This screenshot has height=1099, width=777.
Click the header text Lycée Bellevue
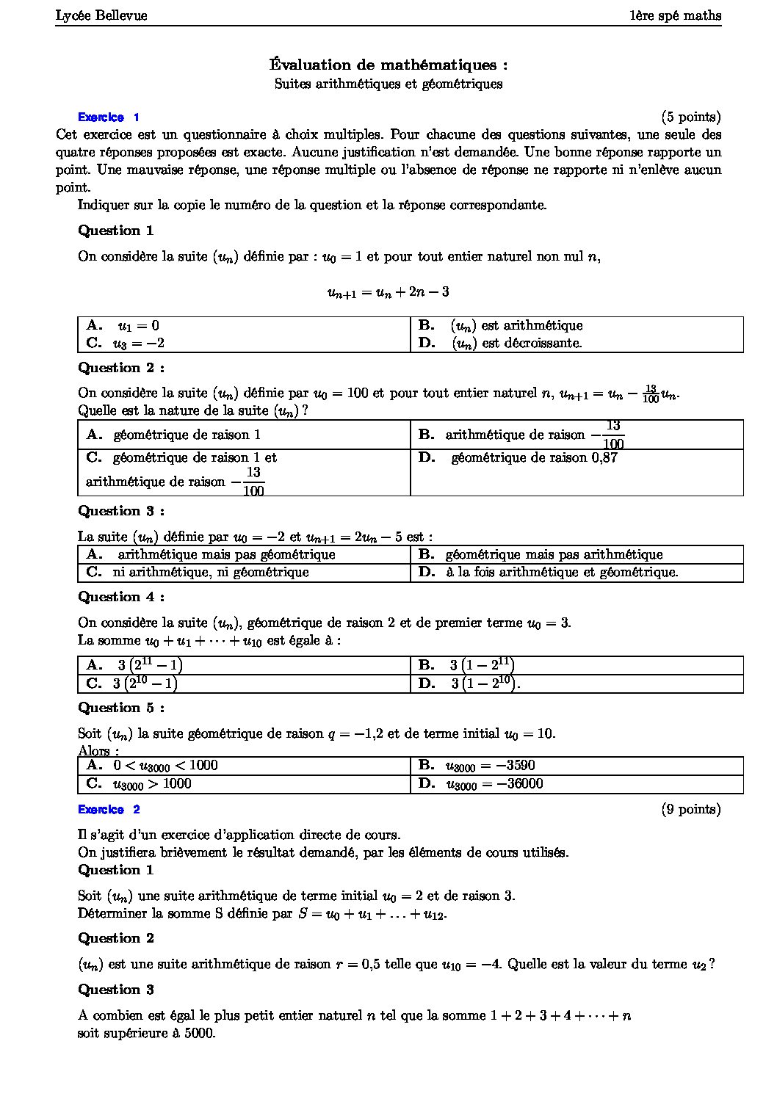click(x=101, y=15)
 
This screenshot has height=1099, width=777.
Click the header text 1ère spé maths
click(x=675, y=15)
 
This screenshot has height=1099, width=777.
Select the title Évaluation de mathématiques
click(x=388, y=65)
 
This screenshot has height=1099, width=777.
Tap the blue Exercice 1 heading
click(x=108, y=117)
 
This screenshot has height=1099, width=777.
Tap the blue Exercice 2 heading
click(x=108, y=810)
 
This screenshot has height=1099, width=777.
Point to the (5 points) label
click(x=690, y=117)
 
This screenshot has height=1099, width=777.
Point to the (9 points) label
click(x=690, y=809)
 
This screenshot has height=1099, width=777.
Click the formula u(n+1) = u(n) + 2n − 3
click(x=388, y=292)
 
